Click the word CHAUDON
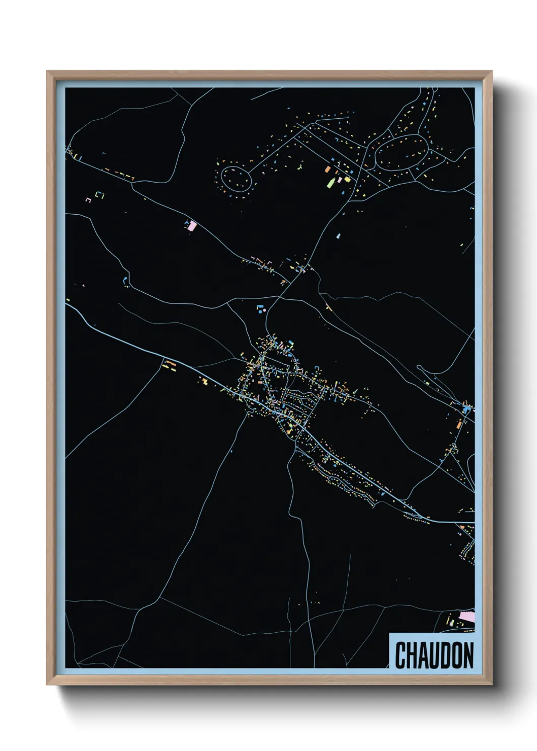tap(434, 655)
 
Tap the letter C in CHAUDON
tap(400, 655)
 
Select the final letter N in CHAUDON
tap(468, 655)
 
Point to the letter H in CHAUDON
tap(411, 655)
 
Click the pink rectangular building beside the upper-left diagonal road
tap(191, 225)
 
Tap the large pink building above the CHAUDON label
tap(466, 617)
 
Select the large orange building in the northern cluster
tap(327, 169)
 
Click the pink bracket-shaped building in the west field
tap(88, 200)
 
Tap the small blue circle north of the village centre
tap(260, 312)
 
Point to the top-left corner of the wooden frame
tap(48, 72)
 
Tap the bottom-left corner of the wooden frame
tap(48, 684)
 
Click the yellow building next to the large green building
tap(347, 178)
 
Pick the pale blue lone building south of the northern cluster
tap(339, 236)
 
